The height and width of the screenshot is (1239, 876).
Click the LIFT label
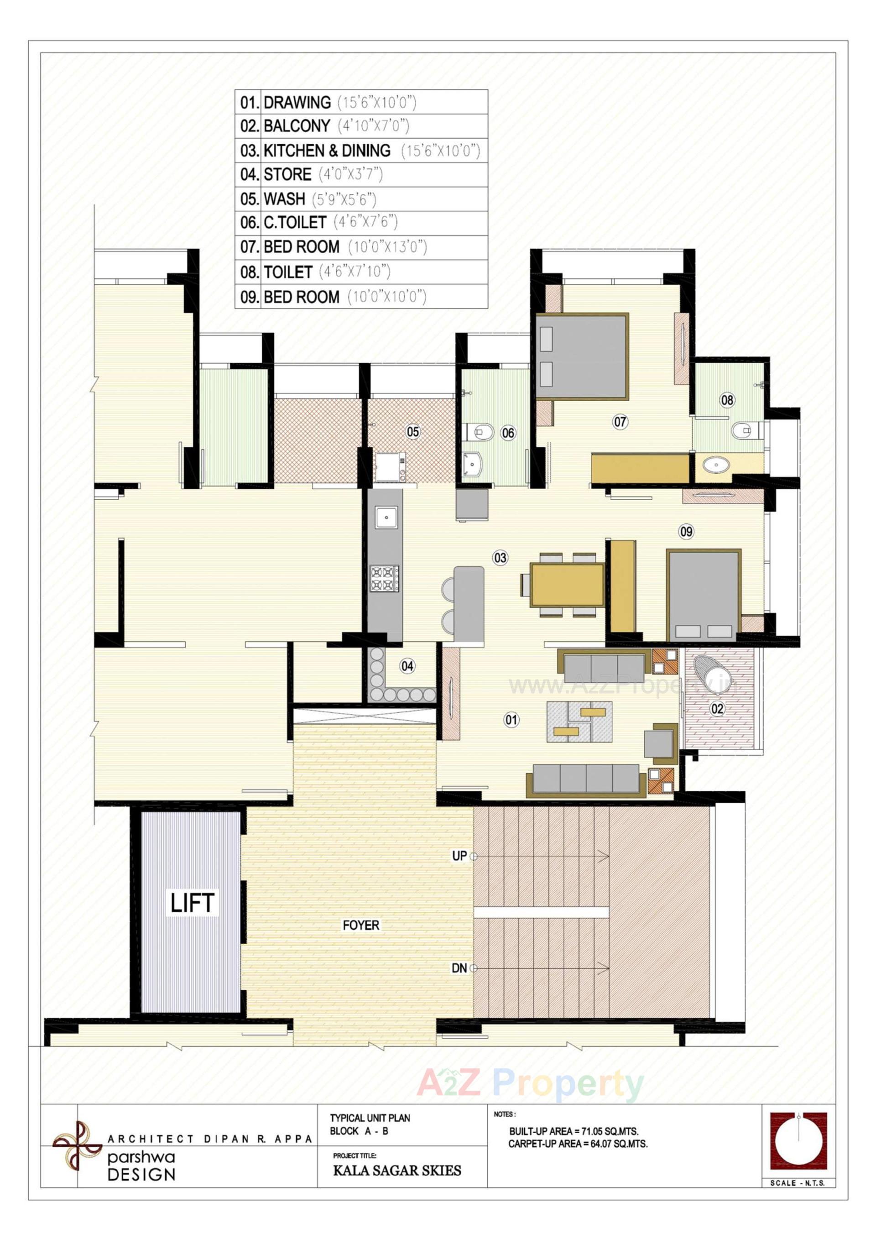point(192,903)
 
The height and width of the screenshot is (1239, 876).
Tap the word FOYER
point(361,925)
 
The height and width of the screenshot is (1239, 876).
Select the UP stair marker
point(459,856)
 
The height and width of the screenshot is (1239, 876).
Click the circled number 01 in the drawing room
point(511,719)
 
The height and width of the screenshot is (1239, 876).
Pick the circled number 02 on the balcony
point(717,709)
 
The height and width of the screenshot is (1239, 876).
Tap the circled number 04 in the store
point(407,666)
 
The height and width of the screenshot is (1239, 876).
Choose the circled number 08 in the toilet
point(727,400)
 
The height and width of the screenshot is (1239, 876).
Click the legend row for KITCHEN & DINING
point(361,151)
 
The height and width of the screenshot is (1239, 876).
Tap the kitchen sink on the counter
point(387,517)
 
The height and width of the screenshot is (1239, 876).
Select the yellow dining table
point(567,585)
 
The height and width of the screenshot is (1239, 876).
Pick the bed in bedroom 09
point(704,595)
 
